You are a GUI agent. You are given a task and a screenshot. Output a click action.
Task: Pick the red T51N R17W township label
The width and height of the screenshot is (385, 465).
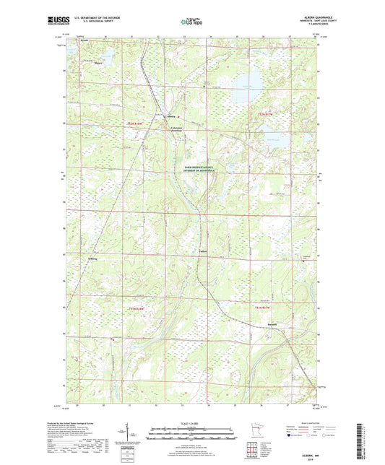[x=262, y=309]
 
